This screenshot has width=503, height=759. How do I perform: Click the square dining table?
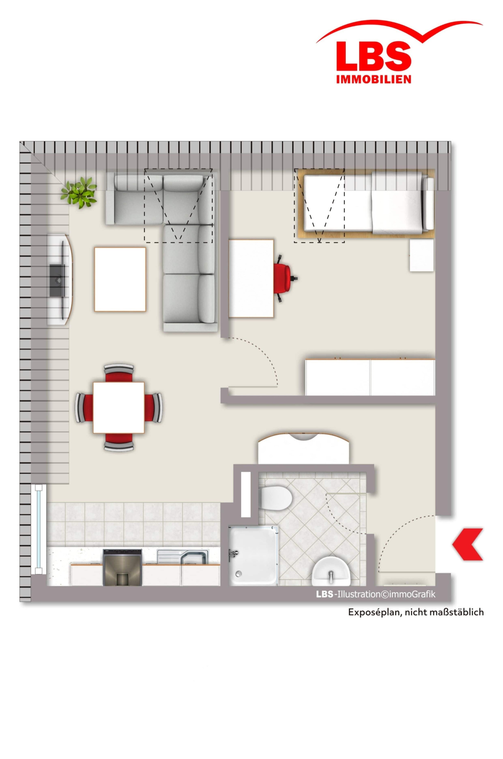[x=119, y=407]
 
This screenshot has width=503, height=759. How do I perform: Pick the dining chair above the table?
[x=119, y=373]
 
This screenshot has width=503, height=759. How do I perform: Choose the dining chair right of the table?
[x=154, y=407]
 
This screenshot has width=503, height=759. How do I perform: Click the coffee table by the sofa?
[x=120, y=279]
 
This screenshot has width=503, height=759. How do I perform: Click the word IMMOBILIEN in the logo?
[x=374, y=79]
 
